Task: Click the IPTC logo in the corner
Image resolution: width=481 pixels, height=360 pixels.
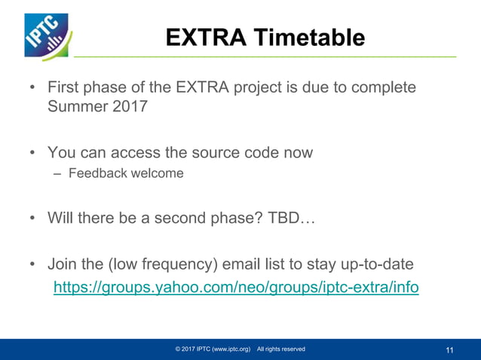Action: [46, 35]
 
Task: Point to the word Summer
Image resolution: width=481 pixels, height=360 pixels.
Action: [76, 106]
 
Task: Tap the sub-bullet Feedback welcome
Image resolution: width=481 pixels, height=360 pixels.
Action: [126, 173]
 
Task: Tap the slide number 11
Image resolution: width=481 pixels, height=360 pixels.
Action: [450, 349]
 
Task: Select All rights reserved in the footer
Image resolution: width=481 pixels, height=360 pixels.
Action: [280, 349]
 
